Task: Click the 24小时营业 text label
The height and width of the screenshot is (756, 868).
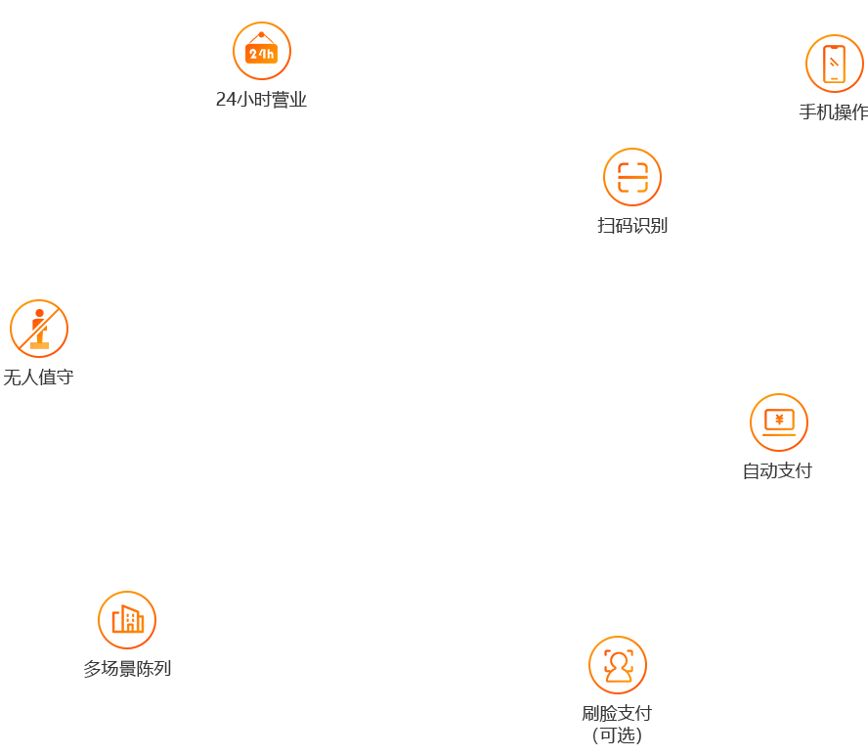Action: pos(261,100)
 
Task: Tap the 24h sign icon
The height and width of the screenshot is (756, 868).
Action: pos(261,51)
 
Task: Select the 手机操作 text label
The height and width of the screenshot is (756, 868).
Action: pos(833,112)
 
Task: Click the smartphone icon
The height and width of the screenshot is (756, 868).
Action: pos(834,64)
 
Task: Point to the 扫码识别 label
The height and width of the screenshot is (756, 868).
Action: pos(632,226)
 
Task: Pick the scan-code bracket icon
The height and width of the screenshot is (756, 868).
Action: pos(632,177)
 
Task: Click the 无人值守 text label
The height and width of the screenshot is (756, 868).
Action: pos(38,378)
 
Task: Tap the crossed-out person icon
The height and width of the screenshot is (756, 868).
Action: pos(39,329)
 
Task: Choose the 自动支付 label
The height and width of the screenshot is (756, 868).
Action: pos(777,471)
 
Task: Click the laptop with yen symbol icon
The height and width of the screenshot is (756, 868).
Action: pos(779,422)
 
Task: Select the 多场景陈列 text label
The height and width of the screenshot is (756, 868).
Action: pos(127,669)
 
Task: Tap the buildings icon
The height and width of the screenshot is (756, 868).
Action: pos(127,620)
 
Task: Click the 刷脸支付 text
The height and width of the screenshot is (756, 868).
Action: pos(617,714)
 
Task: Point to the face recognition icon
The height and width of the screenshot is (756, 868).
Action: pos(618,665)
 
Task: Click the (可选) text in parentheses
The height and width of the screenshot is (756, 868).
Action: pos(617,735)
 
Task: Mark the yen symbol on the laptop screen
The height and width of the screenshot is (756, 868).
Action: pos(779,420)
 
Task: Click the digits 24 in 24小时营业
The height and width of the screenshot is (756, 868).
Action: pos(226,100)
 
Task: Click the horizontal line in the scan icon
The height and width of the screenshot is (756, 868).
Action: pos(632,177)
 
